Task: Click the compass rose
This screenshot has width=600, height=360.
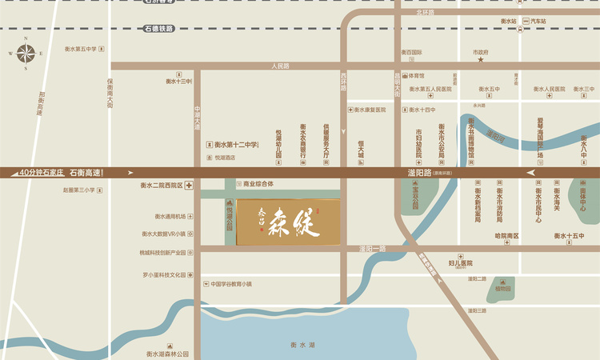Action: [x=25, y=54]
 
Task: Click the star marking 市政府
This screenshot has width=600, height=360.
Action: [x=481, y=60]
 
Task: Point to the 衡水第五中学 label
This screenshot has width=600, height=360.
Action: [x=79, y=49]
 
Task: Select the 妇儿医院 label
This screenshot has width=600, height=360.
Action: [x=461, y=262]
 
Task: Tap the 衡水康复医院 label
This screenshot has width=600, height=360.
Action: [x=370, y=110]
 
